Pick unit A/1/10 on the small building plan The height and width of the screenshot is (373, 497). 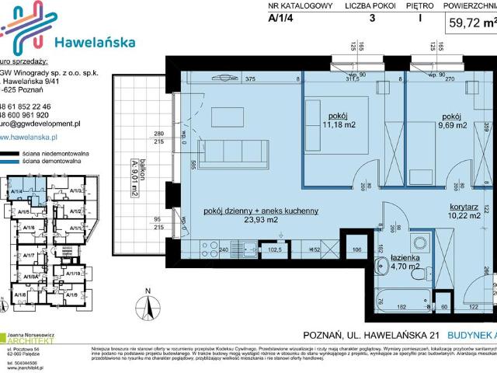[x=76, y=274]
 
